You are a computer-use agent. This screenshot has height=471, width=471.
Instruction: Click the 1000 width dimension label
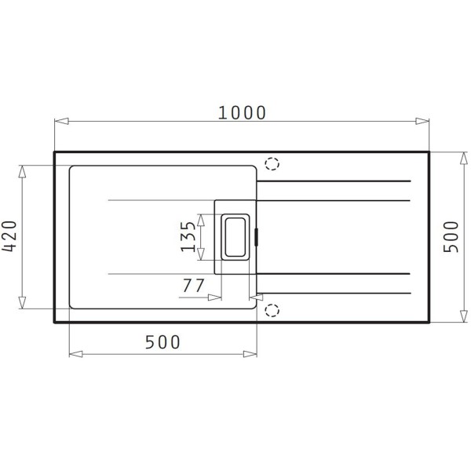click(x=242, y=112)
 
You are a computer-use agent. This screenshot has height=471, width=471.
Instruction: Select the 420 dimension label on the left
click(x=10, y=236)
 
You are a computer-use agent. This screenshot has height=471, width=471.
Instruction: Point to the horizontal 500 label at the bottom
click(x=163, y=342)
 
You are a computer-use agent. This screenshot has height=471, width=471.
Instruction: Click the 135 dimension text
click(x=188, y=236)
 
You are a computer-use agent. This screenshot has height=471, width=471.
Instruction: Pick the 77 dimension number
click(x=193, y=287)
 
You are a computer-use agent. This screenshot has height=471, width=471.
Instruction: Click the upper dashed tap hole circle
click(x=272, y=165)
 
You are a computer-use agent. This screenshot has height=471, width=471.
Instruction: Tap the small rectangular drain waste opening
click(x=236, y=236)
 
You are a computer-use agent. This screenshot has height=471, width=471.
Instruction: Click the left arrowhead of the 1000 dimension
click(x=60, y=121)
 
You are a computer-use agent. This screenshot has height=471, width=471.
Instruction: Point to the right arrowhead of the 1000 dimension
click(x=424, y=121)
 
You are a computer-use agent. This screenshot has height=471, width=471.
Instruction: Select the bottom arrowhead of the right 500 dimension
click(x=460, y=317)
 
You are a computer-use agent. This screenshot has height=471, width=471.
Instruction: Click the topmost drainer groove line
click(x=334, y=181)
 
